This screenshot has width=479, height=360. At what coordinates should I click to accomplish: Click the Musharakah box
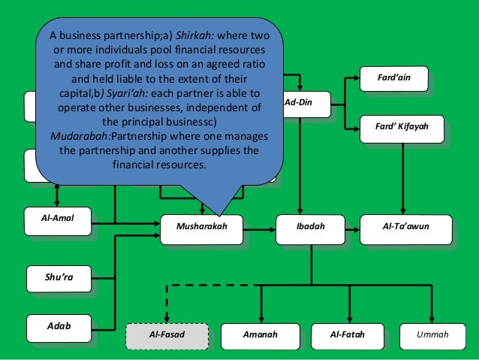[200, 225]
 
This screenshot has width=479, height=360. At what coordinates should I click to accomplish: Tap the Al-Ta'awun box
[405, 225]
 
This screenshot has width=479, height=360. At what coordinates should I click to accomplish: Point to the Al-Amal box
[57, 218]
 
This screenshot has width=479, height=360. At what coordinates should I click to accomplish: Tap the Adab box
[59, 326]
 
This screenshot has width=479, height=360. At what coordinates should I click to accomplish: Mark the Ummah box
[432, 334]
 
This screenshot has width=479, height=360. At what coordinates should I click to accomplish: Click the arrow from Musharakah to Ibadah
[258, 226]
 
